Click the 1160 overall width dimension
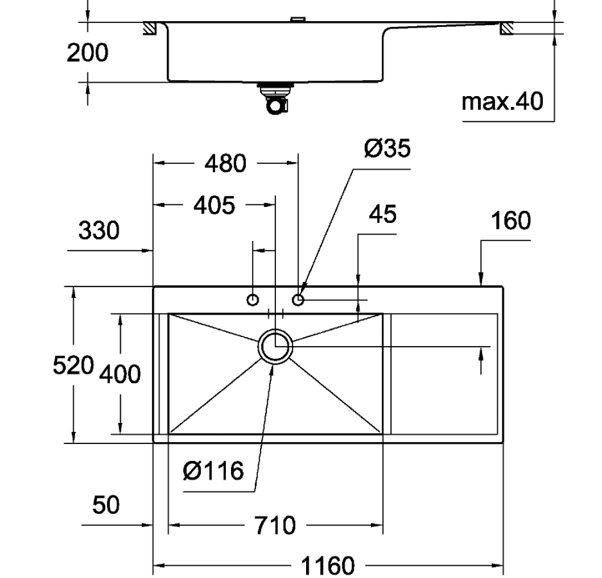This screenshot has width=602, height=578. tap(327, 566)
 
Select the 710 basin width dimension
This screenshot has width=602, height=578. tap(275, 525)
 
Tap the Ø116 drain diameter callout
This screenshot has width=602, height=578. tap(213, 471)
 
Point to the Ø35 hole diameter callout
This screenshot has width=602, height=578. tap(388, 148)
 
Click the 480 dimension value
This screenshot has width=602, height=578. tap(225, 163)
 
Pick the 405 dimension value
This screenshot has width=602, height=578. tap(214, 205)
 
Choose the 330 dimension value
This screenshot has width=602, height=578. tap(99, 230)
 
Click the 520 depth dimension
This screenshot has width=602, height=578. tap(73, 365)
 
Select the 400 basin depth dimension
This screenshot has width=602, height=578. tap(120, 374)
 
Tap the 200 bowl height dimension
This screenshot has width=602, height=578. tap(87, 53)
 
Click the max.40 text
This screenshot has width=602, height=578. tap(502, 101)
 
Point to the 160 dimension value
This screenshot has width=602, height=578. tap(511, 220)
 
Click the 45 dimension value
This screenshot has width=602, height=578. tap(383, 214)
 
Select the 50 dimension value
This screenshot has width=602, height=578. tap(106, 505)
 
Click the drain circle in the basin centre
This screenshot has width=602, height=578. tap(275, 346)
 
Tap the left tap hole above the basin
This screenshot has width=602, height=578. tap(253, 300)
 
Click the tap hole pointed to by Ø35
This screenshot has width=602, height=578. tap(298, 299)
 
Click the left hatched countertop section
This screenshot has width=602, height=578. tap(149, 29)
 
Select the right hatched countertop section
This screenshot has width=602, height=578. tap(507, 29)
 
